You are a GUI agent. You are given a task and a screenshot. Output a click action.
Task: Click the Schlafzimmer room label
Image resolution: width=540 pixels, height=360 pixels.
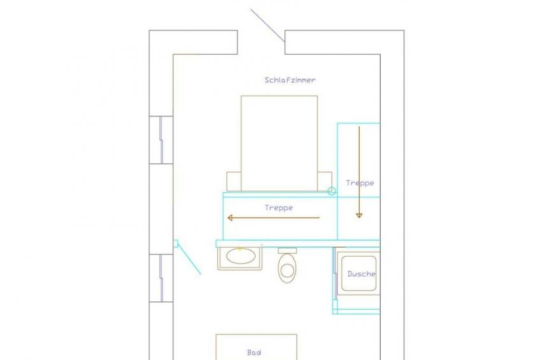coord(290,80)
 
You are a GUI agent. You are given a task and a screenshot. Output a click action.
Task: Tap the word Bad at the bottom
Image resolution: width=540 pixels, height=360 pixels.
coord(254,352)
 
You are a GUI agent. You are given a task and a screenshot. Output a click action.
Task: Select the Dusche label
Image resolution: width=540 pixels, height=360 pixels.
coord(361,274)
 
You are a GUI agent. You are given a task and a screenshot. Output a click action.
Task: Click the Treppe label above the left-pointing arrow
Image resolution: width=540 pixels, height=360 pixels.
coord(279,208)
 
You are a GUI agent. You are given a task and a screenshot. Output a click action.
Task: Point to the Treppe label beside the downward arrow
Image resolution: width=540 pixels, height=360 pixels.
coord(360,183)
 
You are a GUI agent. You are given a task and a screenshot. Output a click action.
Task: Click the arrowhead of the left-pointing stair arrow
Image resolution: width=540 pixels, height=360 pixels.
coord(230,218)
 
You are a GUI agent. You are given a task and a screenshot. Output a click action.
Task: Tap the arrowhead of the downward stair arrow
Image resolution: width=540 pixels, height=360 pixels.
coord(359,215)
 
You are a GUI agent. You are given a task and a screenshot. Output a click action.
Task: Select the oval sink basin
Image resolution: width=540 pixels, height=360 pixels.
coord(241,256)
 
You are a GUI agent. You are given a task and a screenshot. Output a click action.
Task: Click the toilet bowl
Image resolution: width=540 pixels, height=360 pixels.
coord(287,268)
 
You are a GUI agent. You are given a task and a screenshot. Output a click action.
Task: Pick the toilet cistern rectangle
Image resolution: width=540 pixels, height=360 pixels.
coord(287,250)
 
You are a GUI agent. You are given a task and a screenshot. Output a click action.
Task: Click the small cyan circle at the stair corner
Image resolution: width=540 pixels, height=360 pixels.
coord(332,191)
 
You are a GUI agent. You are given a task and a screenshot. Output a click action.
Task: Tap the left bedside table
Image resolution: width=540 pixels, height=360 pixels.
coord(234,181)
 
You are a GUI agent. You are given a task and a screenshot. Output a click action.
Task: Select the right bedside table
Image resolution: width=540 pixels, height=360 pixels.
coord(325,181)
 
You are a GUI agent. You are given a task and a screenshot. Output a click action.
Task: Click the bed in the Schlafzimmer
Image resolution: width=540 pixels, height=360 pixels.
coord(280,143)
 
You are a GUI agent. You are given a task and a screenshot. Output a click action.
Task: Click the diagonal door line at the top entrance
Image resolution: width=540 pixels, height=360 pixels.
coord(267,25)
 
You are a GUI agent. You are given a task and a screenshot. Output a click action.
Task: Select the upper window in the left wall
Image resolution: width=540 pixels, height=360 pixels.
coord(161,140)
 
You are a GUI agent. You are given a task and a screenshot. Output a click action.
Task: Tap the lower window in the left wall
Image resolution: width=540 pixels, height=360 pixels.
coord(161,278)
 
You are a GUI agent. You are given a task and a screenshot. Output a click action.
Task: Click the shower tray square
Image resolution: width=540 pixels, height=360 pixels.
coord(359,273)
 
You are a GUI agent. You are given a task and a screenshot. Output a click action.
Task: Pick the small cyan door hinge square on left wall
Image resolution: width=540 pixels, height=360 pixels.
coord(175,243)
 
